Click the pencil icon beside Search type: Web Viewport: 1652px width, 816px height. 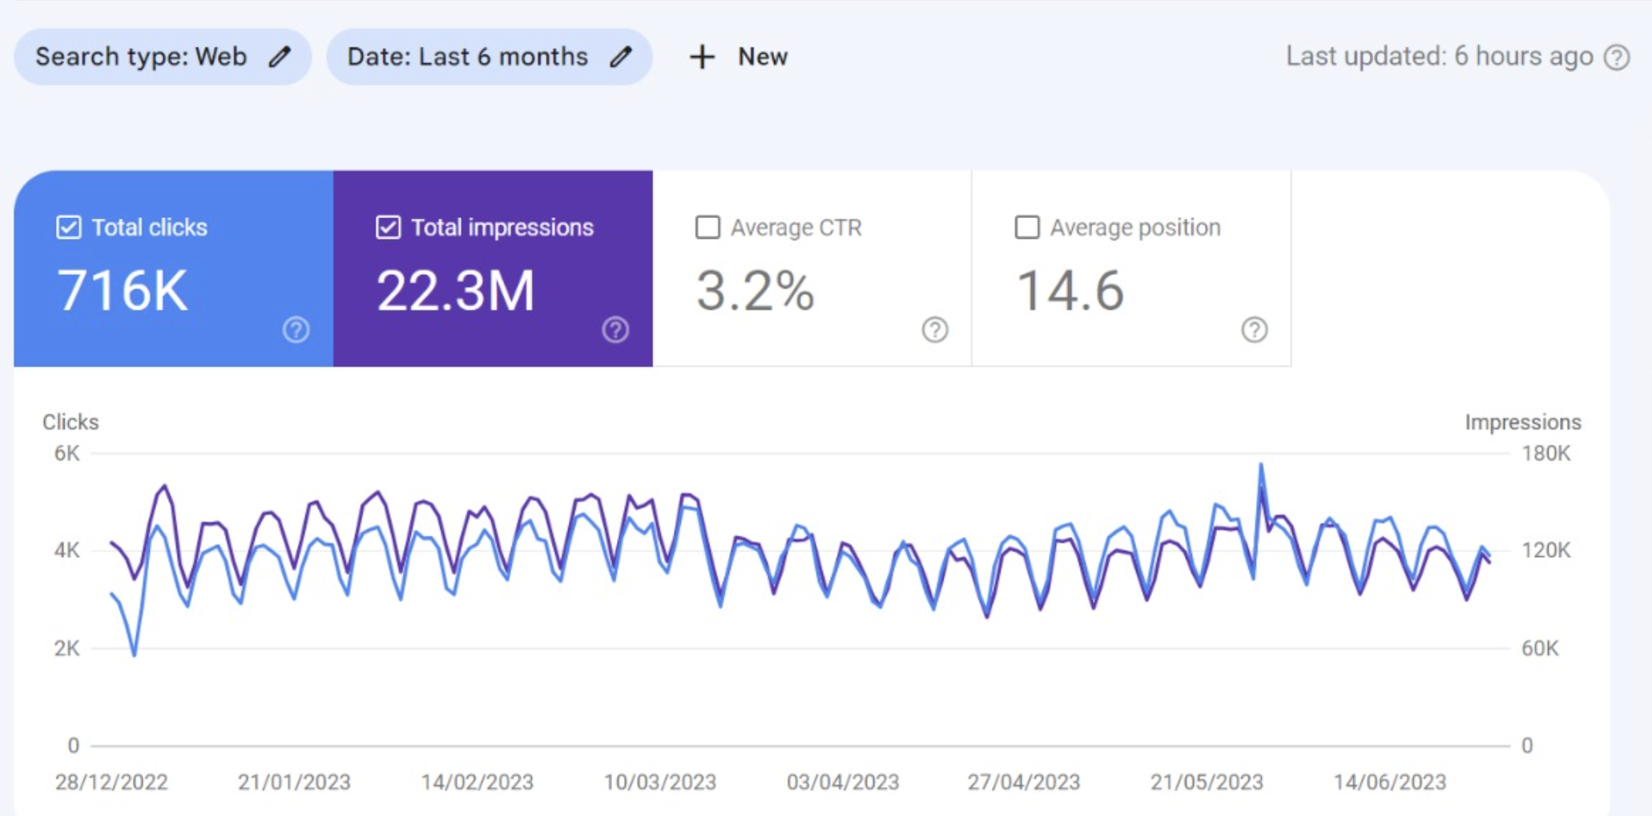(279, 57)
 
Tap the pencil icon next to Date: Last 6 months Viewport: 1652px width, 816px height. (620, 57)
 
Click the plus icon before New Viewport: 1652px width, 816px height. (702, 57)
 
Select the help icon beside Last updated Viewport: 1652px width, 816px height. (1617, 58)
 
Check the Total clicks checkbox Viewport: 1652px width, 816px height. (69, 228)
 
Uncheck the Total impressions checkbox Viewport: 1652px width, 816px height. (388, 228)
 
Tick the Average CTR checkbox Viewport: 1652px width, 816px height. (707, 228)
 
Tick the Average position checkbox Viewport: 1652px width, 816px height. (1027, 228)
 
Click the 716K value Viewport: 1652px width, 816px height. (122, 290)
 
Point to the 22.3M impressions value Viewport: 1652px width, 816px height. (455, 290)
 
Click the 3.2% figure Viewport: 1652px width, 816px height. (755, 290)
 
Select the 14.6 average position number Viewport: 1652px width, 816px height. (1070, 290)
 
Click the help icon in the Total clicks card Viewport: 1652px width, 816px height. (296, 329)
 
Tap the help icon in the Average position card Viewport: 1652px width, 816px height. (1254, 329)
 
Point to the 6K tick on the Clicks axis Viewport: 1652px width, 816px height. (66, 454)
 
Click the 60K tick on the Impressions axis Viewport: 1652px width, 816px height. (1540, 648)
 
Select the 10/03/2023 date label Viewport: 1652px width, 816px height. (659, 782)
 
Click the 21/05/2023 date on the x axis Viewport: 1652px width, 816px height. (1207, 782)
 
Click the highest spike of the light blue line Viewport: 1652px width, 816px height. (1260, 465)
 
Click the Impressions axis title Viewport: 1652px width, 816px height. (1522, 422)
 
